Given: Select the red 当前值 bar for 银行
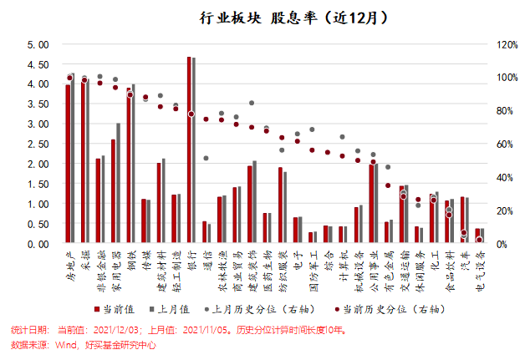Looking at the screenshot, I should coord(190,150).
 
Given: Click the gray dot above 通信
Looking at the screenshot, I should coord(206,158).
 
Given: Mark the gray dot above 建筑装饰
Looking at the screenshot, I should coord(252,104).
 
